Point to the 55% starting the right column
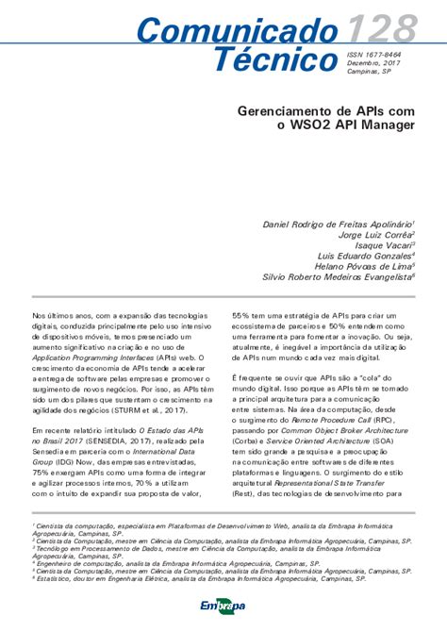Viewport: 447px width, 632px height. click(x=242, y=316)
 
